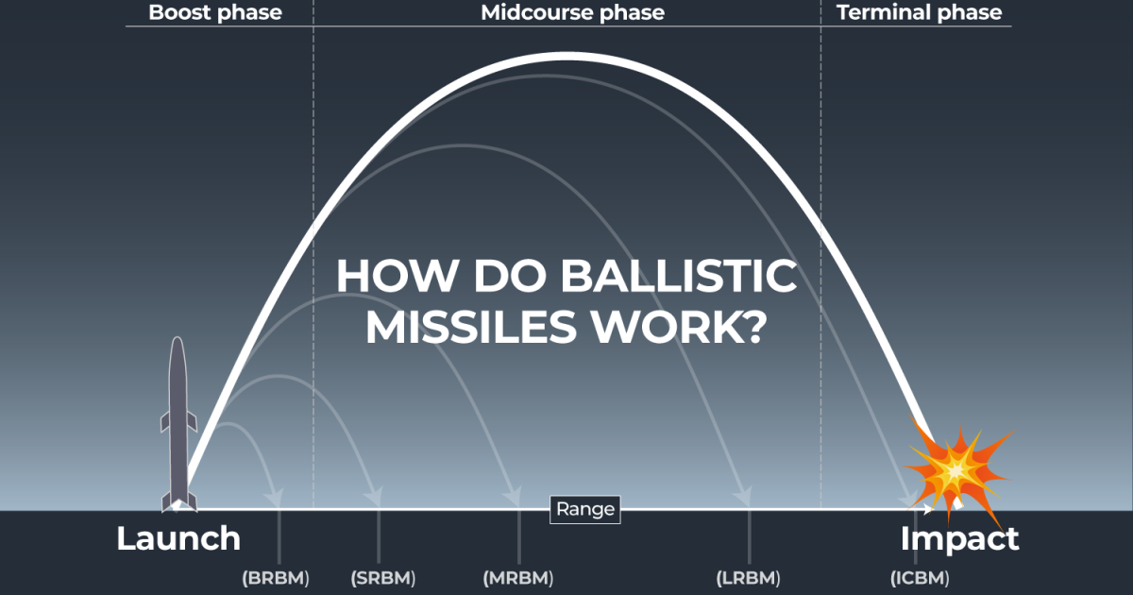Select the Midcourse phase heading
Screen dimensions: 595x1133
572,12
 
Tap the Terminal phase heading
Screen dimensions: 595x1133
919,12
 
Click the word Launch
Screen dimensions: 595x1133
178,538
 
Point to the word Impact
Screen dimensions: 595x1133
959,538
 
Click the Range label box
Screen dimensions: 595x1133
585,510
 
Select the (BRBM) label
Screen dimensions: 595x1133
276,577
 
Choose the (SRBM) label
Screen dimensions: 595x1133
382,577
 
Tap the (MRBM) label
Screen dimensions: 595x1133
518,577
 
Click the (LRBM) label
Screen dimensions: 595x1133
749,577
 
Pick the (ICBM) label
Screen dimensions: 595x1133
920,577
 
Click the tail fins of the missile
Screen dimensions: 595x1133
178,499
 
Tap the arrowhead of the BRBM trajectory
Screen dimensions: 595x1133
276,496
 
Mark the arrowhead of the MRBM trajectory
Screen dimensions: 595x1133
514,496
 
